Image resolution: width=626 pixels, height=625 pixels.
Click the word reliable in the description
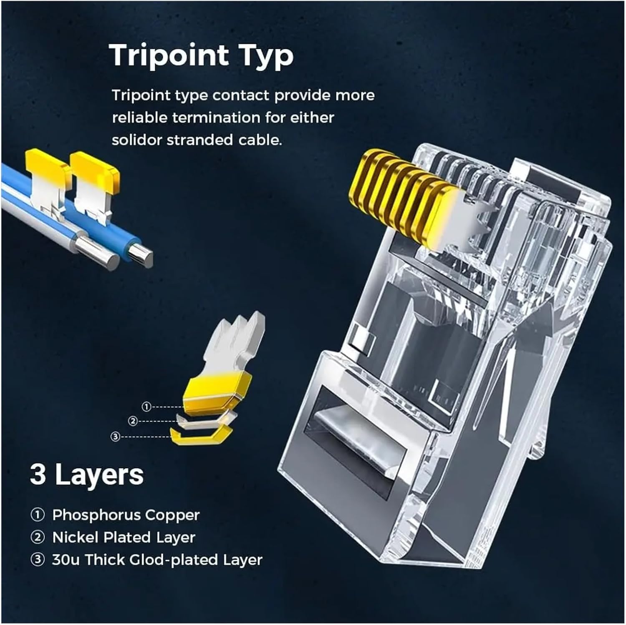(139, 118)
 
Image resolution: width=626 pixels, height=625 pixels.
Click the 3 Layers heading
(87, 474)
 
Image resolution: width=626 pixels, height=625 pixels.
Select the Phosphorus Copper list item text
(126, 515)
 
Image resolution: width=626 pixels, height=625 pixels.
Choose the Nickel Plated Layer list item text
(124, 537)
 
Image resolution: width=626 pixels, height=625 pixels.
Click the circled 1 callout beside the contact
(146, 407)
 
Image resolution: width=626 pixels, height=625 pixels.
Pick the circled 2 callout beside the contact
(133, 421)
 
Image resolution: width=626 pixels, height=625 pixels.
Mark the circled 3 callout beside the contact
(116, 437)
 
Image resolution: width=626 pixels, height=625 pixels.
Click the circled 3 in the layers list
(38, 560)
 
